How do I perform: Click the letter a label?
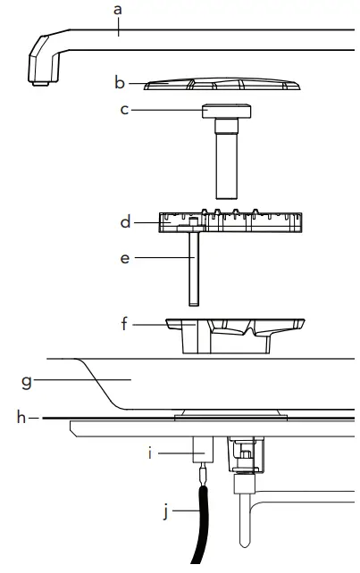coord(117,10)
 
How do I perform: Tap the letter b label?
coord(120,83)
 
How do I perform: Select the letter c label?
coord(124,110)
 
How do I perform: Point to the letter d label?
coord(125,222)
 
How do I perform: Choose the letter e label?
coord(125,258)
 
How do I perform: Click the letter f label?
coord(124,324)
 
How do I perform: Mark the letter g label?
coord(26,382)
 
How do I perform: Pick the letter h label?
coord(21,418)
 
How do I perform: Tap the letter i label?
coord(150,453)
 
